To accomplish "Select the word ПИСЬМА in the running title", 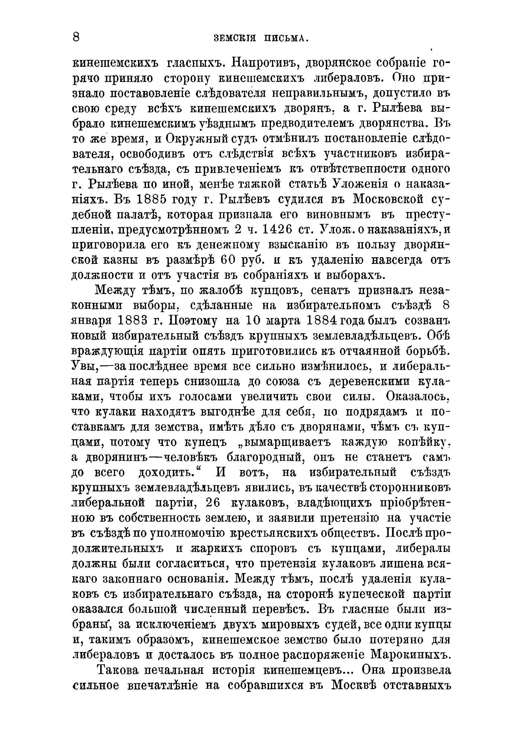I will tap(288, 38).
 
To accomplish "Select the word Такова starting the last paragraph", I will tap(120, 670).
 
